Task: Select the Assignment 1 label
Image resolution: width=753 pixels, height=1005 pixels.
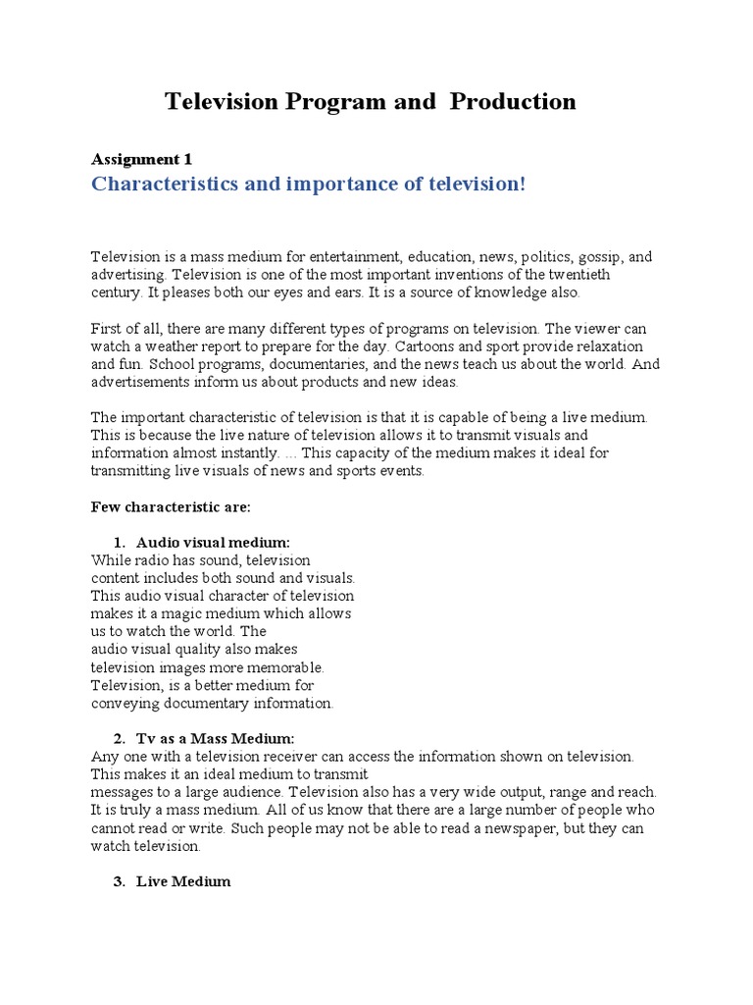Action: point(141,159)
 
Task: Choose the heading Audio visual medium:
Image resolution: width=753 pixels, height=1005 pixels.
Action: point(213,542)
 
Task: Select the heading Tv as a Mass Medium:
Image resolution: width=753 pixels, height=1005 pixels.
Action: point(215,738)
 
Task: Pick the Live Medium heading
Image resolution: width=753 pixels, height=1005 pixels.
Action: point(183,881)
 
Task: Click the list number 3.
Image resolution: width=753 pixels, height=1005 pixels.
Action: point(119,881)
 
